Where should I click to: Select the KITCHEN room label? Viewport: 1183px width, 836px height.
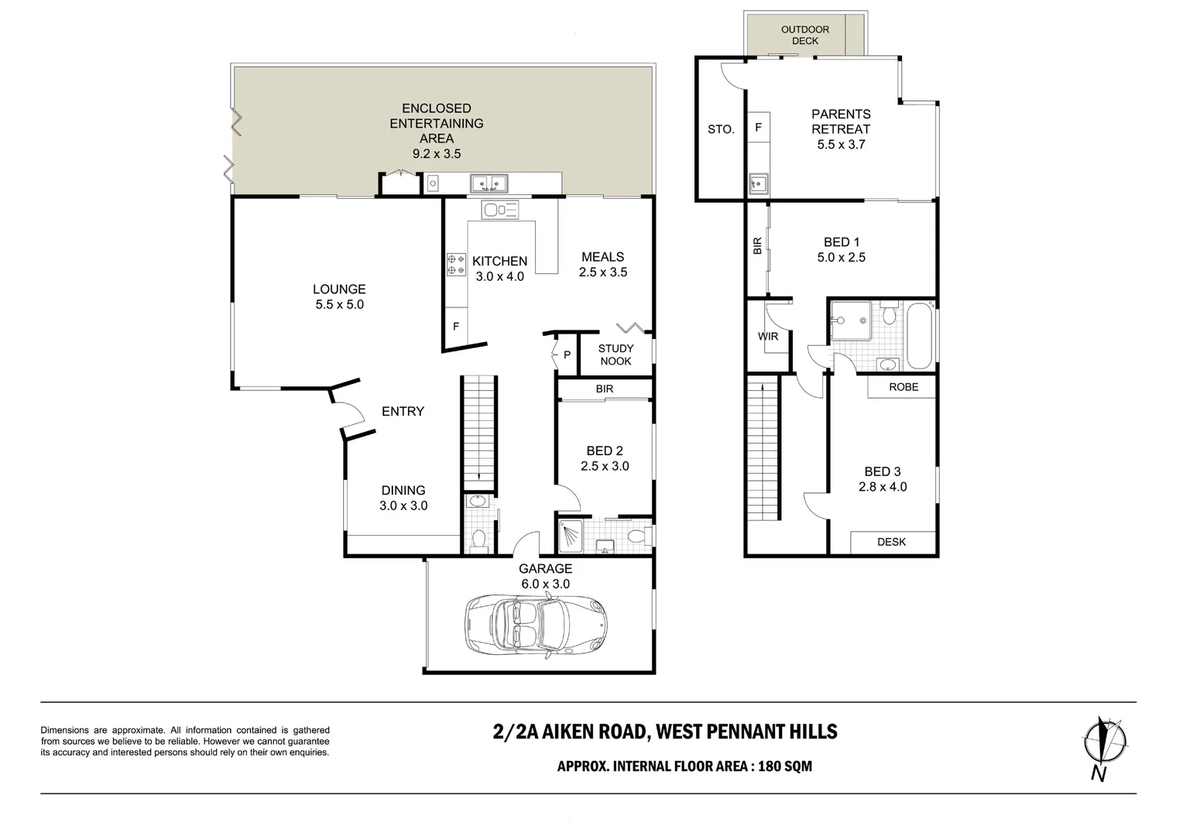coord(499,261)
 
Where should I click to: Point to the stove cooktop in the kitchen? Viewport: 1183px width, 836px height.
coord(456,264)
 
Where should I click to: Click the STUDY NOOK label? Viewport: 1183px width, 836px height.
coord(616,355)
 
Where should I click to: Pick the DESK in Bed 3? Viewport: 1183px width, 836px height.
coord(891,543)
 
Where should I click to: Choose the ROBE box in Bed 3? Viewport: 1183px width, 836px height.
coord(903,387)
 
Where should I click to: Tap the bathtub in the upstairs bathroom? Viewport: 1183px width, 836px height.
coord(920,336)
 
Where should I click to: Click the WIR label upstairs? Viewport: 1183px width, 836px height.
coord(768,337)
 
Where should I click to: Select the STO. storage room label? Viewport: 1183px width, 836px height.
coord(721,129)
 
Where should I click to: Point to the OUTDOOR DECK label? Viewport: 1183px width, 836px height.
coord(805,36)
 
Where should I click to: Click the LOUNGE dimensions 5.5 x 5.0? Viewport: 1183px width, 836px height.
coord(340,305)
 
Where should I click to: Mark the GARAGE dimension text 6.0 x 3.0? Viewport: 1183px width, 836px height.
coord(546,584)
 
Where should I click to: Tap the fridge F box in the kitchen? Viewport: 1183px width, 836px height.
coord(456,327)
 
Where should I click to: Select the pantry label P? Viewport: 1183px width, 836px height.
coord(567,355)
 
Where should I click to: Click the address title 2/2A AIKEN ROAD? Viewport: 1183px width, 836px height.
coord(571,732)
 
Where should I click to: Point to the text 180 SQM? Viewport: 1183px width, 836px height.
coord(785,766)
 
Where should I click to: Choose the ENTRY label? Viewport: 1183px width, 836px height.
coord(403,411)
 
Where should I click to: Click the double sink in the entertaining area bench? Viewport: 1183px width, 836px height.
coord(489,183)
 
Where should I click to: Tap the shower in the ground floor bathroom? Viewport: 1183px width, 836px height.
coord(571,537)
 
